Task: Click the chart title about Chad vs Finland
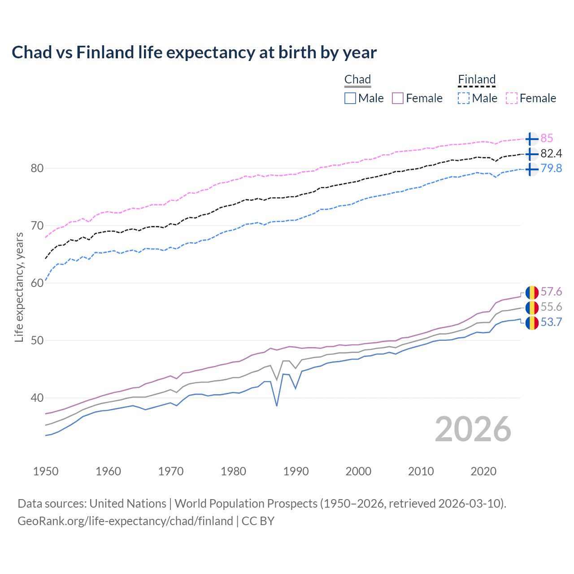(194, 52)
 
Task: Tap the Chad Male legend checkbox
(350, 98)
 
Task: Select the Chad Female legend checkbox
(398, 98)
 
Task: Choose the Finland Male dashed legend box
(464, 98)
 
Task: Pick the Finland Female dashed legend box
(512, 98)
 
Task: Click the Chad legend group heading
(357, 80)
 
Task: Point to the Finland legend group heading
(477, 80)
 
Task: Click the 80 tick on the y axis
(37, 169)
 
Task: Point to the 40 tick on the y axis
(37, 398)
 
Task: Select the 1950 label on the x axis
(46, 471)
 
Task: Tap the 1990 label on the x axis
(296, 471)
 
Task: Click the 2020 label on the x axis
(483, 471)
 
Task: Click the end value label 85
(547, 139)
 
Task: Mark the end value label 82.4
(551, 154)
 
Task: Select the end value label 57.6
(551, 292)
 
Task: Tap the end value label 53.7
(551, 322)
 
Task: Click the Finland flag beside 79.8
(531, 169)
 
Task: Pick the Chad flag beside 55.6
(531, 308)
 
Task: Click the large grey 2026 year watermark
(473, 429)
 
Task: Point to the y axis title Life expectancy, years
(19, 287)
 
